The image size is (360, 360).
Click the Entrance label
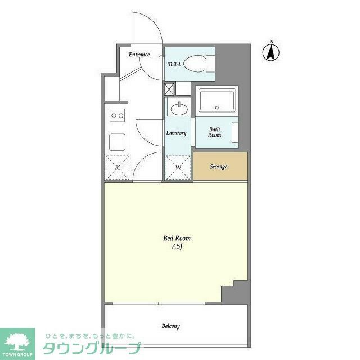point(139,55)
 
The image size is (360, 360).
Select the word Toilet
point(174,65)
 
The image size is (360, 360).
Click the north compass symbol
point(271,52)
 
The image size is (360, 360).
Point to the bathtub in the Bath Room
point(217,102)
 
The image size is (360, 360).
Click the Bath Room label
point(214,132)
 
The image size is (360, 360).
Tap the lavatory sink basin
point(179,107)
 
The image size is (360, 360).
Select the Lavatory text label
point(176,133)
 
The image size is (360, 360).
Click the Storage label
point(219,167)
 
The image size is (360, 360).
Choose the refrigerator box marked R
point(117,168)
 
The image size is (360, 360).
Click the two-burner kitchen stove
point(118,116)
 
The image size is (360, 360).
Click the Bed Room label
point(174,238)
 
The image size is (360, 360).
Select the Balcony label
point(171,326)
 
